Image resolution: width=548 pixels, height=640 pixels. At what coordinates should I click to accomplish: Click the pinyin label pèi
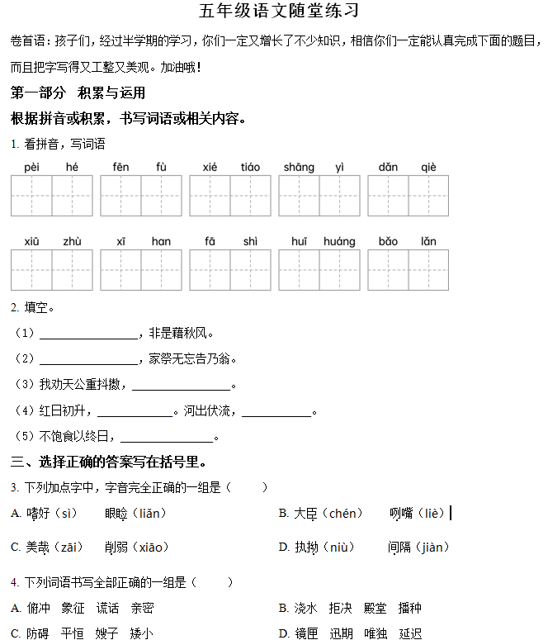coord(31,167)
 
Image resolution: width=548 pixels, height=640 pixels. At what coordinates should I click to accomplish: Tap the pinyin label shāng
coord(299,167)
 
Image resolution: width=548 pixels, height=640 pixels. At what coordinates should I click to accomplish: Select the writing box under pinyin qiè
coord(428,196)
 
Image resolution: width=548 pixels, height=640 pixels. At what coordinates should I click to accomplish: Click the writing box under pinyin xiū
coord(31,270)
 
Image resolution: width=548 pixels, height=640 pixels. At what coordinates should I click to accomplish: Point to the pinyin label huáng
coord(339,241)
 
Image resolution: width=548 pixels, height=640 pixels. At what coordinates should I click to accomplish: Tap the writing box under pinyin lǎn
coord(428,270)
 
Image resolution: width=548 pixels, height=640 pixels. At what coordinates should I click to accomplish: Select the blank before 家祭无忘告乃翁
coord(88,360)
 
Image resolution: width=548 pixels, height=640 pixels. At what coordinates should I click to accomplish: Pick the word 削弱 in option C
coord(116,547)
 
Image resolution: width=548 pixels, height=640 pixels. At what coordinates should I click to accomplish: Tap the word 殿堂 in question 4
coord(376,609)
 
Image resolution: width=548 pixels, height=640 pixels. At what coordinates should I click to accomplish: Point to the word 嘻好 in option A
coord(38,514)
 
